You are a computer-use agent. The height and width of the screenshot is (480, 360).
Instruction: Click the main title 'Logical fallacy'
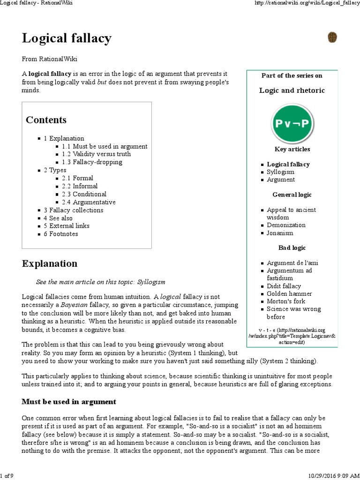tap(67, 37)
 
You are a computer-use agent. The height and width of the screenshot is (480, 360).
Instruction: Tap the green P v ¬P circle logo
tap(292, 124)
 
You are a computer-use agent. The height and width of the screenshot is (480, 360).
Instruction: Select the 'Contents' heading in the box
tap(46, 120)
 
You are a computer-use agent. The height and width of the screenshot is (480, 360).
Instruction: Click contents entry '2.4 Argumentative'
tap(89, 202)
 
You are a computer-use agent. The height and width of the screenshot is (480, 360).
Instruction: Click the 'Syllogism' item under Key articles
tap(280, 172)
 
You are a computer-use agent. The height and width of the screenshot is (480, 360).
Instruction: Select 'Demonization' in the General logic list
tap(286, 225)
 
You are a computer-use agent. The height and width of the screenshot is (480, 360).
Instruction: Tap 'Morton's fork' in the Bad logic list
tap(286, 301)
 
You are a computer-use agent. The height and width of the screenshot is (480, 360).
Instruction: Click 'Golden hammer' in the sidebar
tap(289, 294)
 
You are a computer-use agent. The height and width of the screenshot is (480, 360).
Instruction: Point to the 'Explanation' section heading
tap(50, 263)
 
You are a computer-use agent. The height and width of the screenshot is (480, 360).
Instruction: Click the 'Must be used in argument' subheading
tap(69, 402)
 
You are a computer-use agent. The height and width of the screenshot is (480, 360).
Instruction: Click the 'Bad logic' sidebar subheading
tap(292, 247)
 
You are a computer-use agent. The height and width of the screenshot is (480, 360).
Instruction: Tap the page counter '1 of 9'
tap(7, 476)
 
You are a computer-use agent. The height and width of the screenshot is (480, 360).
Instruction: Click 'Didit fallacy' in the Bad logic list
tap(284, 286)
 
